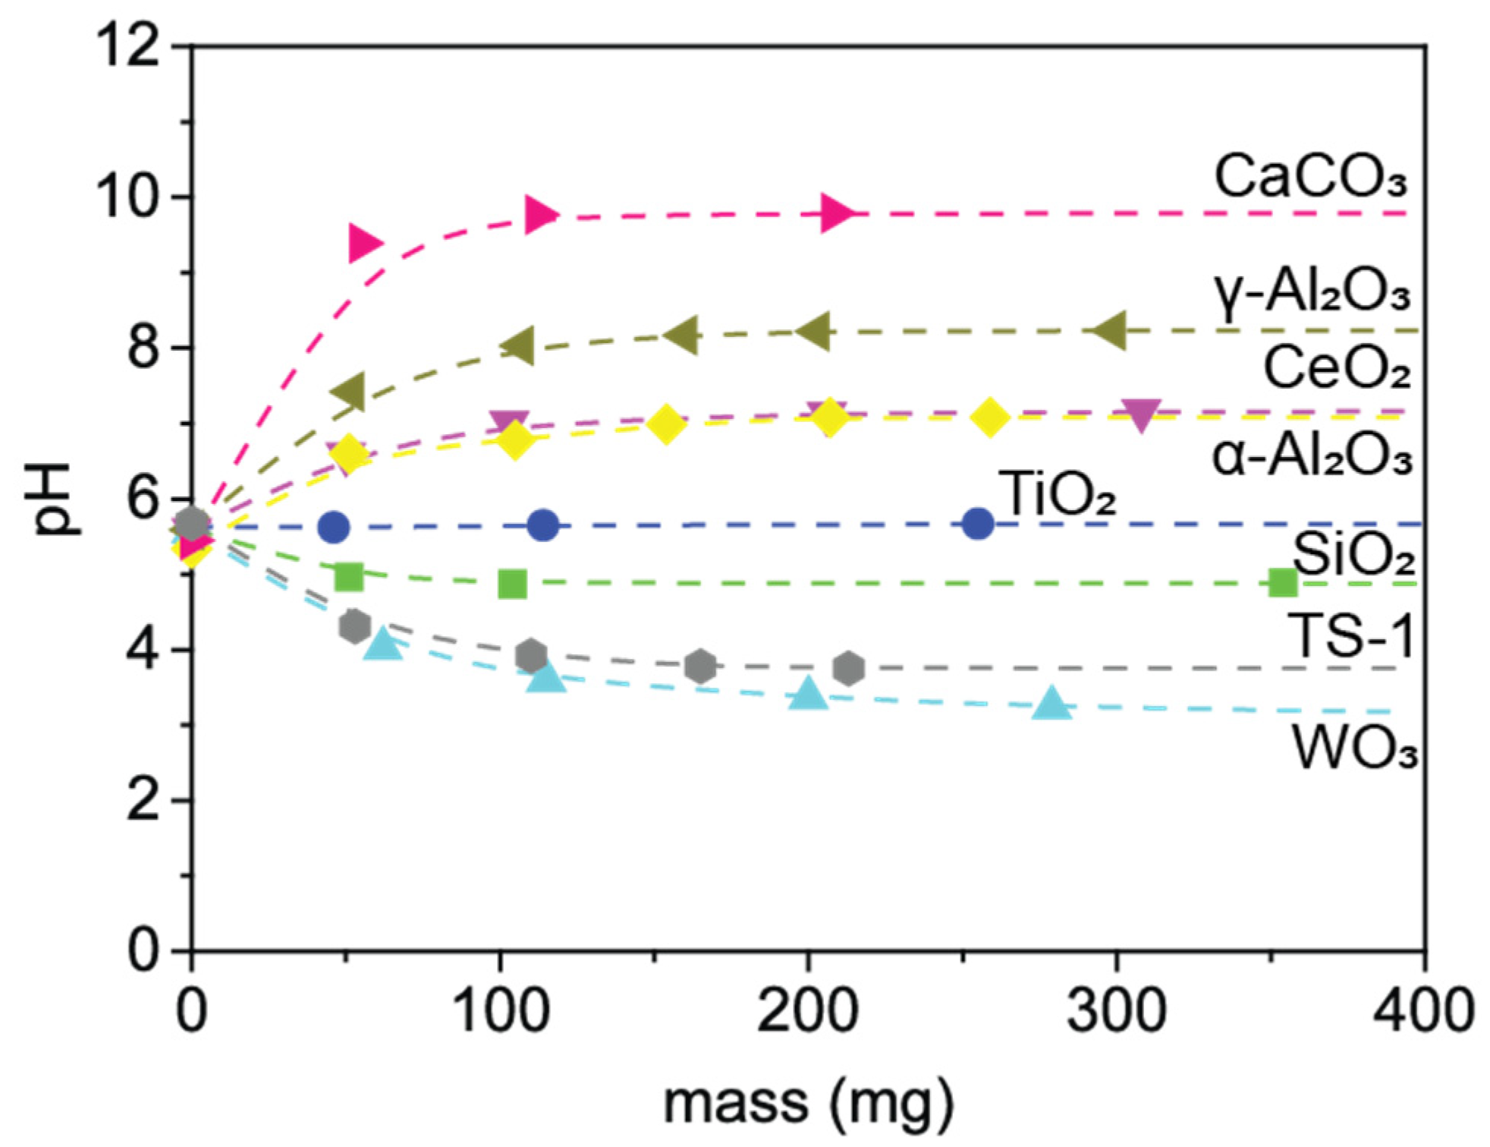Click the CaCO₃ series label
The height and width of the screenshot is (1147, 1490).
point(1311,177)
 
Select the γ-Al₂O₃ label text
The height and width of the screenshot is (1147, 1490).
point(1311,292)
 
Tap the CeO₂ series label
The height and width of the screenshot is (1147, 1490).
point(1336,368)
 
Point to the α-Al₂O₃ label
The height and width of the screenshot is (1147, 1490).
point(1312,458)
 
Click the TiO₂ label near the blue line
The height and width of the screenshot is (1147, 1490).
point(1061,494)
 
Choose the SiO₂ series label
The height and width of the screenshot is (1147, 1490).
point(1353,555)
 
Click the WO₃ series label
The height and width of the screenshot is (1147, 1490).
point(1355,749)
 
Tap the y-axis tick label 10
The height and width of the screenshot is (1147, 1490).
point(125,197)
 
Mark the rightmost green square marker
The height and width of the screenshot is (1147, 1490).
point(1283,583)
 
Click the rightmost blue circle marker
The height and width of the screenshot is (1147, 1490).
point(978,524)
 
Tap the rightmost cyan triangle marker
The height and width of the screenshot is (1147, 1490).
point(1051,704)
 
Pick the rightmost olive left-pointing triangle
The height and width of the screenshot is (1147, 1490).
point(1112,331)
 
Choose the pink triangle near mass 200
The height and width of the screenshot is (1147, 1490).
point(837,213)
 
